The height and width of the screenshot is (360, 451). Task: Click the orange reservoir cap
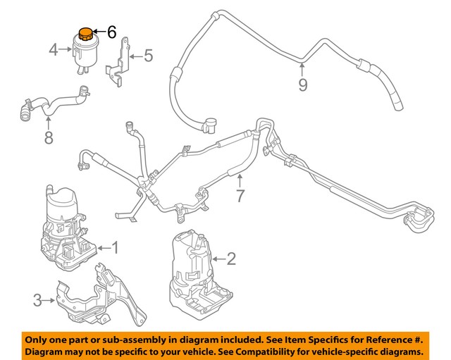(x=85, y=32)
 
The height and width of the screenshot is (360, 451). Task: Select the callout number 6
(x=111, y=32)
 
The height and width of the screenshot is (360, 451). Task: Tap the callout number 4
(x=54, y=49)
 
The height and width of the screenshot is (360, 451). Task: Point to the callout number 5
(x=148, y=54)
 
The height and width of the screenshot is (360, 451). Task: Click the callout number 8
(x=48, y=137)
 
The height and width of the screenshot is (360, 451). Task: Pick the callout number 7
(x=240, y=195)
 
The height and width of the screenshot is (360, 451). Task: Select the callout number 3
(x=37, y=301)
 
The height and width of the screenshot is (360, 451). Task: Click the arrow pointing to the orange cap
(x=99, y=32)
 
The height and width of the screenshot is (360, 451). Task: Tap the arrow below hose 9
(x=302, y=70)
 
